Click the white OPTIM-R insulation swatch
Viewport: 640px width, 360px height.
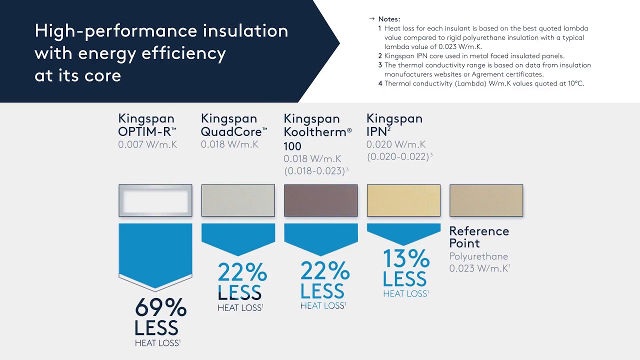pyautogui.click(x=155, y=200)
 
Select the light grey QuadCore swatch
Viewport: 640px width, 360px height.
pyautogui.click(x=238, y=200)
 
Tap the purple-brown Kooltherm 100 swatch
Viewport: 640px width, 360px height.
pyautogui.click(x=320, y=200)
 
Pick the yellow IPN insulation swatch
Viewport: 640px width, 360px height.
pyautogui.click(x=403, y=200)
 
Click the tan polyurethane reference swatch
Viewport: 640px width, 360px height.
pyautogui.click(x=486, y=200)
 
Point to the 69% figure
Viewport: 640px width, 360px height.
pyautogui.click(x=160, y=308)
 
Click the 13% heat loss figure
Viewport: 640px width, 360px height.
pyautogui.click(x=406, y=259)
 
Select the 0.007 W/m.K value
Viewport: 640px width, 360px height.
pyautogui.click(x=147, y=145)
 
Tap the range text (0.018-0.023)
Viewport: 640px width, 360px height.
pyautogui.click(x=314, y=171)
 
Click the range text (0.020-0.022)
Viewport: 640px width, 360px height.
pyautogui.click(x=397, y=156)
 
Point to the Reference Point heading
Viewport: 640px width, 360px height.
pyautogui.click(x=478, y=237)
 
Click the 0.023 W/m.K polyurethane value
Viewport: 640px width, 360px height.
pyautogui.click(x=478, y=268)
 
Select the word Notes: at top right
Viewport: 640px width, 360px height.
pyautogui.click(x=389, y=19)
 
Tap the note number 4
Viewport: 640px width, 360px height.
pyautogui.click(x=380, y=83)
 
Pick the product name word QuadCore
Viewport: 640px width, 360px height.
pyautogui.click(x=231, y=132)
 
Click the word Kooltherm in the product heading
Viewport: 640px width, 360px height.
pyautogui.click(x=315, y=132)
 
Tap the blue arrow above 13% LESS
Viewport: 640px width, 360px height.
pyautogui.click(x=403, y=232)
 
